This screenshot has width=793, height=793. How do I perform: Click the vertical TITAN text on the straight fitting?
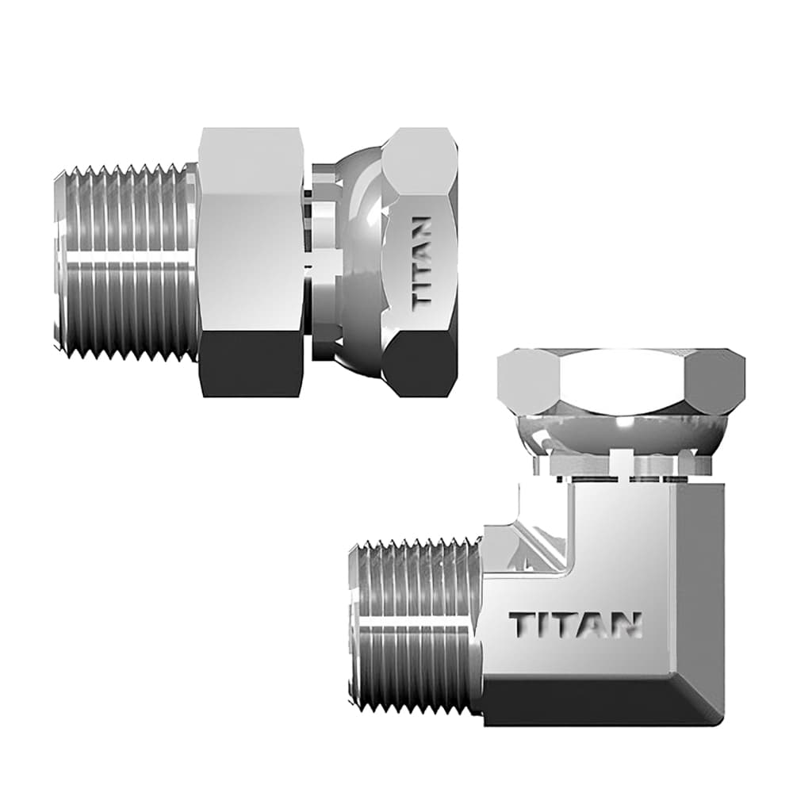click(423, 262)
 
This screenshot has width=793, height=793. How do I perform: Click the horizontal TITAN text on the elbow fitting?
click(575, 624)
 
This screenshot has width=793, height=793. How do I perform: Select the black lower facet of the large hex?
click(250, 365)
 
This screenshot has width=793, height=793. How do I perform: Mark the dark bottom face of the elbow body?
click(595, 702)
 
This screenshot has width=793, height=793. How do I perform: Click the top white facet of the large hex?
click(250, 155)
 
